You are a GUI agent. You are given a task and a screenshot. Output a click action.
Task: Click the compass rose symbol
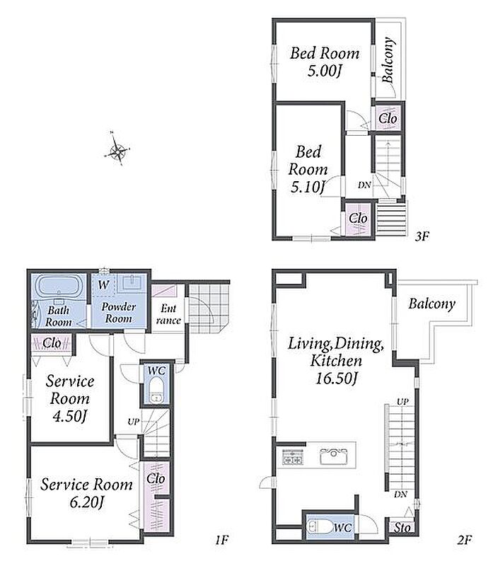117,149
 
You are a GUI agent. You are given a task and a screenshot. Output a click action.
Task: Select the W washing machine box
103,285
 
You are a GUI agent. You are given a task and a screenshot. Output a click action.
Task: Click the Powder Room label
118,313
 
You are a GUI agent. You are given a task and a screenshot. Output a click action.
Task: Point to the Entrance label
168,314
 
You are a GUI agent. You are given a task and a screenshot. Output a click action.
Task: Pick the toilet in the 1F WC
156,391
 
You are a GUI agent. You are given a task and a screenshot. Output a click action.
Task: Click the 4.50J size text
70,416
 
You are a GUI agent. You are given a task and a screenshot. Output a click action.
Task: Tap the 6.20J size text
86,502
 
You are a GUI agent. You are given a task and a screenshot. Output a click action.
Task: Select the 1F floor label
222,540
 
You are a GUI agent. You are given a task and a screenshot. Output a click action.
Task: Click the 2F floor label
465,540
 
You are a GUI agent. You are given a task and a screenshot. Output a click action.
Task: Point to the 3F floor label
422,236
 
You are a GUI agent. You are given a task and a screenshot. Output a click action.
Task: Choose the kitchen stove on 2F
292,456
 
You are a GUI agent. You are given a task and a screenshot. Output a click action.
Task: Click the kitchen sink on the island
333,456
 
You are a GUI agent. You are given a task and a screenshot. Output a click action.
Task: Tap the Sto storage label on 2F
402,527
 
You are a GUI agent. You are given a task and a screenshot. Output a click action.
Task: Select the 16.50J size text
337,379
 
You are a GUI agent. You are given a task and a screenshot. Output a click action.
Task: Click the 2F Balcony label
431,304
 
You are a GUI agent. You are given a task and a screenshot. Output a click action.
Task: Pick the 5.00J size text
324,70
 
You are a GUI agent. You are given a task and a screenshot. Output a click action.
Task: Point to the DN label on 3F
364,185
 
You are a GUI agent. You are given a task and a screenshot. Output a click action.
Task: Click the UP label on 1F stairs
133,421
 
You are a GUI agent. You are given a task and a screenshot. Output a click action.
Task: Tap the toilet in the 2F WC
319,526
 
